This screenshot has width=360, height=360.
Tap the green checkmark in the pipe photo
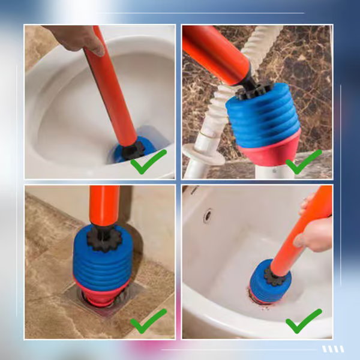303,161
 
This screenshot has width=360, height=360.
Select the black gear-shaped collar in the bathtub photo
278,277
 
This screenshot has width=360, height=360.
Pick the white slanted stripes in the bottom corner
333,349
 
